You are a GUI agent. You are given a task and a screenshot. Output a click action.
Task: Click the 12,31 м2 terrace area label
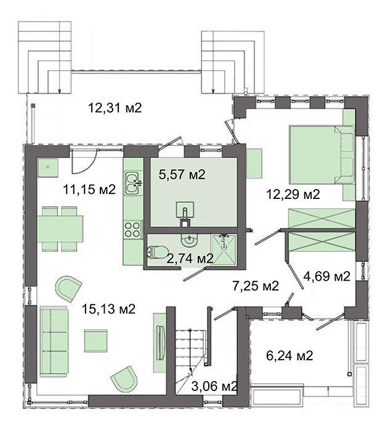click(x=115, y=108)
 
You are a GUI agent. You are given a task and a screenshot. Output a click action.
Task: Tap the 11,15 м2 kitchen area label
click(x=89, y=190)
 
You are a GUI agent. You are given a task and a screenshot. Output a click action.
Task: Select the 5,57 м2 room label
click(x=182, y=174)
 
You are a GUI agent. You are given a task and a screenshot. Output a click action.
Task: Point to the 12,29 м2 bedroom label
click(x=293, y=195)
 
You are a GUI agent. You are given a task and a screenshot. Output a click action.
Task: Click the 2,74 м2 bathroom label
click(x=190, y=259)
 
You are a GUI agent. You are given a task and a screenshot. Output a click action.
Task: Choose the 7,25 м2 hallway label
click(x=256, y=286)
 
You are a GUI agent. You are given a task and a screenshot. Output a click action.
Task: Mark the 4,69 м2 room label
click(x=326, y=276)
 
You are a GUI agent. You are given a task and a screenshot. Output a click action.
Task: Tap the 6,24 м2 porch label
click(x=289, y=356)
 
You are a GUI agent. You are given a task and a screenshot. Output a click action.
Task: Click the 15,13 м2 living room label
click(x=108, y=309)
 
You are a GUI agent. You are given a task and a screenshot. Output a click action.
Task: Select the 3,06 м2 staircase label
click(x=214, y=387)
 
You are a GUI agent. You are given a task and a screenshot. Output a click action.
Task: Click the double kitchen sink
click(x=133, y=183)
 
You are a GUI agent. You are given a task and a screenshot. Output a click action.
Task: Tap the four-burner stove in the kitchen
click(x=133, y=229)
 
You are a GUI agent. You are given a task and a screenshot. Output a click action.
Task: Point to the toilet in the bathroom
click(x=157, y=252)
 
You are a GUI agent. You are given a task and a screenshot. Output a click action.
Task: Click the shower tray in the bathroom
click(x=224, y=250)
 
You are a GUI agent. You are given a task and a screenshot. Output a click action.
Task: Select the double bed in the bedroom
click(x=321, y=155)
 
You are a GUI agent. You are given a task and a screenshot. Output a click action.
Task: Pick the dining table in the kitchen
click(x=60, y=229)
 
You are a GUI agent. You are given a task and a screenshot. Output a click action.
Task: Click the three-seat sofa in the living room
click(x=54, y=341)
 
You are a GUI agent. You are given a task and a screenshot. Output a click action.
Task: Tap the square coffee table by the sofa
click(x=95, y=340)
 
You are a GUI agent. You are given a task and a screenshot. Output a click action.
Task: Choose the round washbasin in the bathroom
click(x=189, y=240)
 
